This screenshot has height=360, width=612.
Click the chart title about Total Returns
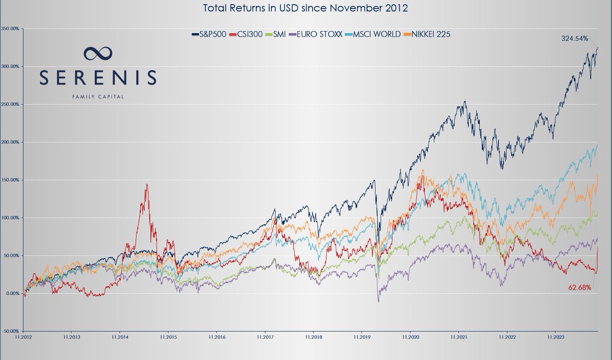pyautogui.click(x=305, y=8)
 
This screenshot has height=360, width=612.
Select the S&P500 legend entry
pyautogui.click(x=209, y=34)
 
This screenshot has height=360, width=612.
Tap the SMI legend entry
pyautogui.click(x=276, y=34)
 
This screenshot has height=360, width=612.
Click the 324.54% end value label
pyautogui.click(x=574, y=38)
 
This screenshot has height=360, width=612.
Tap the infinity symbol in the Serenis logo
pyautogui.click(x=97, y=53)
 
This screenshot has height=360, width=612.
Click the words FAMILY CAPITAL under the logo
pyautogui.click(x=97, y=95)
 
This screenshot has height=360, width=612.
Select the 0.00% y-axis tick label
pyautogui.click(x=11, y=293)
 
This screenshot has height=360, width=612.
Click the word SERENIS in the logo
pyautogui.click(x=97, y=78)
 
